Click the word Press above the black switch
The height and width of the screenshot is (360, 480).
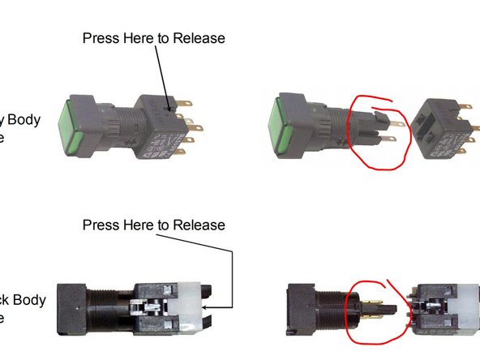click(x=102, y=225)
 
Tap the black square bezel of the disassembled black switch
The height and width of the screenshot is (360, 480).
click(x=302, y=307)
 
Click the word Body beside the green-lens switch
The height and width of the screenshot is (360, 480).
click(x=46, y=120)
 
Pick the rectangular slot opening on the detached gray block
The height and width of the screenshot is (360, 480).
click(x=421, y=122)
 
